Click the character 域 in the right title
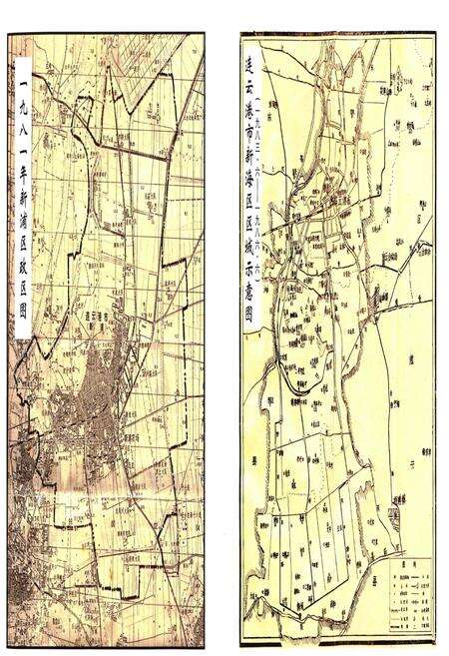[x=249, y=257]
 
